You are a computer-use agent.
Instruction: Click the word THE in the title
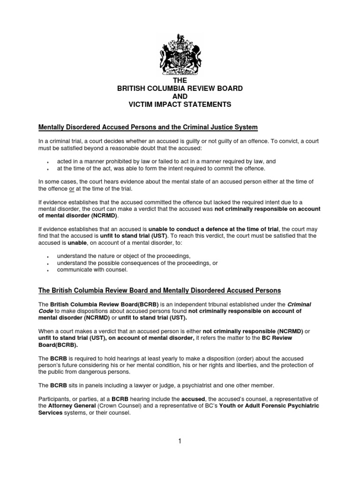click(180, 81)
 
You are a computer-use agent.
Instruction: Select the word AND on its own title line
click(180, 97)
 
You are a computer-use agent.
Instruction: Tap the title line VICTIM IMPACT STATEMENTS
click(180, 105)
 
